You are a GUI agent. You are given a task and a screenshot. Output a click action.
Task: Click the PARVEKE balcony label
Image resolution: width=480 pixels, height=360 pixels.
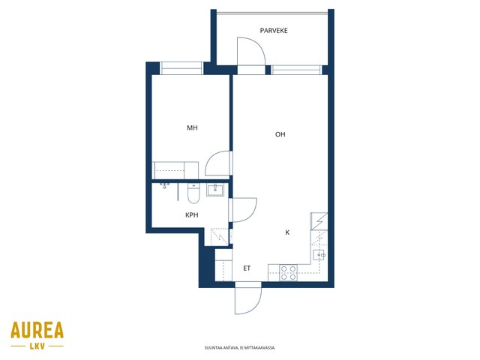pyautogui.click(x=274, y=31)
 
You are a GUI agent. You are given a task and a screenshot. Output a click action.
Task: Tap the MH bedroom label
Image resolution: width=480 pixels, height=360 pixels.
pyautogui.click(x=192, y=128)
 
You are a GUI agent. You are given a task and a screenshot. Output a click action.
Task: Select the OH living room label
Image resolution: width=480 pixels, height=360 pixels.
pyautogui.click(x=280, y=134)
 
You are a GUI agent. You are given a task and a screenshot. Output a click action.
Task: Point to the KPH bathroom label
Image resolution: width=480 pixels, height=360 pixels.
pyautogui.click(x=192, y=215)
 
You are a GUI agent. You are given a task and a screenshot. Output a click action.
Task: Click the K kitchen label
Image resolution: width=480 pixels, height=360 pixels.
pyautogui.click(x=287, y=232)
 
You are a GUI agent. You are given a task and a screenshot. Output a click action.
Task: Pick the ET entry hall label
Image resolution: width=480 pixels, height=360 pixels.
pyautogui.click(x=247, y=268)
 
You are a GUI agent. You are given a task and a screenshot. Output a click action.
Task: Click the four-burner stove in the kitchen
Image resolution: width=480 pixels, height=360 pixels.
pyautogui.click(x=288, y=273)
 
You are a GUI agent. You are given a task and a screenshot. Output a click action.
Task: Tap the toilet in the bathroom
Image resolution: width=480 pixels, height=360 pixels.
pyautogui.click(x=193, y=194)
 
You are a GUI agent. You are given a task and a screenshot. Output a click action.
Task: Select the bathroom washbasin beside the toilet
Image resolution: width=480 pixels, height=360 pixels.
pyautogui.click(x=215, y=190)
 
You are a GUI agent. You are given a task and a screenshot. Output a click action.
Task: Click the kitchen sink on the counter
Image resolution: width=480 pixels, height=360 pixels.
pyautogui.click(x=319, y=255)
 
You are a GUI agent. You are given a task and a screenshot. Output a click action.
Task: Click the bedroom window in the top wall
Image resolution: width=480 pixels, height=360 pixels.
pyautogui.click(x=181, y=68)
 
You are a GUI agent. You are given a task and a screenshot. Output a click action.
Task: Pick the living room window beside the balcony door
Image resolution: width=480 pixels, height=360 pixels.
pyautogui.click(x=296, y=70)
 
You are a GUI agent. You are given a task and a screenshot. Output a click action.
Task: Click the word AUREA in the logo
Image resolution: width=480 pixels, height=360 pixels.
pyautogui.click(x=37, y=330)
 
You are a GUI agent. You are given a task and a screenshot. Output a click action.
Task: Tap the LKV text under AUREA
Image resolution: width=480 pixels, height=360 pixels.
pyautogui.click(x=37, y=346)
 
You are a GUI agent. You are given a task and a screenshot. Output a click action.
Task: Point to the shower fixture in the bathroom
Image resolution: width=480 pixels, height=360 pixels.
pyautogui.click(x=165, y=185)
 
